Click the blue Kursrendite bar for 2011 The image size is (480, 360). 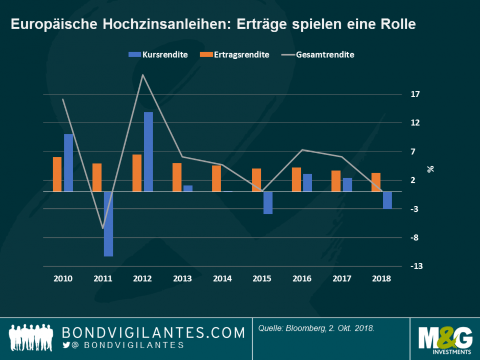(108, 224)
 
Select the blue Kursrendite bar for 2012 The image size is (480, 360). (148, 152)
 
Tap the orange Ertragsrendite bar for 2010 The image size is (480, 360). (57, 174)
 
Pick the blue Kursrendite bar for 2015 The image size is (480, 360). (268, 203)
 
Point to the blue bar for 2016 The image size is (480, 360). (307, 183)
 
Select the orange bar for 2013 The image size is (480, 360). (177, 177)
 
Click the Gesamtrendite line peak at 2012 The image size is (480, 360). (142, 75)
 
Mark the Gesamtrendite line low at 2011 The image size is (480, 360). (103, 228)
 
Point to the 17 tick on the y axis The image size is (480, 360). (415, 94)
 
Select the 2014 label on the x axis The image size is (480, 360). (222, 279)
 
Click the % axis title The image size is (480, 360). (430, 169)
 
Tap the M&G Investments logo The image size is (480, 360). (444, 339)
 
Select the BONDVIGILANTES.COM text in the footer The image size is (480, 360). (153, 333)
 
